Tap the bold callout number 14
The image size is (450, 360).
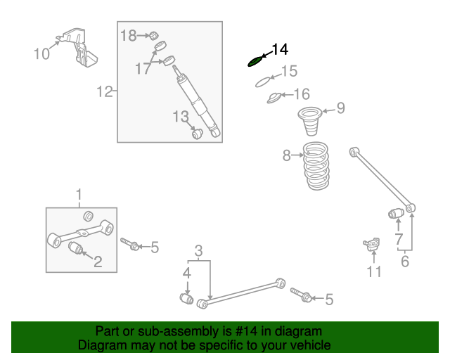[x=279, y=49]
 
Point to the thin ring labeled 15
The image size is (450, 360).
[x=262, y=80]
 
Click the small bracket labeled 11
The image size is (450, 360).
[x=371, y=244]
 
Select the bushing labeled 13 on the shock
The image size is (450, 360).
[x=198, y=132]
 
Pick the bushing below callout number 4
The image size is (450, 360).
[x=187, y=299]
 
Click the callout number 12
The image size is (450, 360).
[x=104, y=91]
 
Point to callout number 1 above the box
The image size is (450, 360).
[x=79, y=194]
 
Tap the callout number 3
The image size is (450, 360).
[x=199, y=250]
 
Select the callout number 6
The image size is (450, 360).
[x=404, y=262]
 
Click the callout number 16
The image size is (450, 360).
[x=301, y=94]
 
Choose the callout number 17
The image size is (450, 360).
[x=143, y=68]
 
